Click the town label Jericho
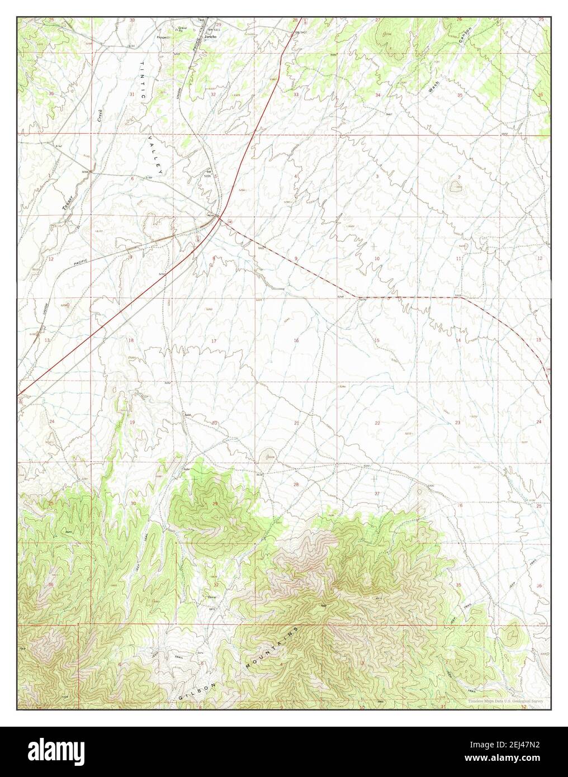[210, 36]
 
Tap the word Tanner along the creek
[69, 198]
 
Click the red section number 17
[214, 340]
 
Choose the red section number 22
[377, 423]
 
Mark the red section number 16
[296, 340]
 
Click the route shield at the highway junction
[230, 222]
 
